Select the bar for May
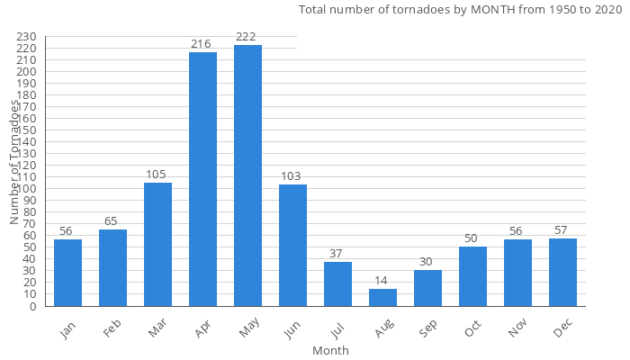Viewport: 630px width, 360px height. [x=247, y=175]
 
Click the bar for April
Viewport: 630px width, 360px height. [x=202, y=179]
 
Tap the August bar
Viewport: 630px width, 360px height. [x=382, y=297]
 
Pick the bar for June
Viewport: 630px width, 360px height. [x=292, y=245]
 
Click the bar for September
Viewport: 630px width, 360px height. [x=427, y=288]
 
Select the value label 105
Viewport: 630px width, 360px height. [x=157, y=175]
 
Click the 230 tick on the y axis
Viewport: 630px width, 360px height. [x=26, y=37]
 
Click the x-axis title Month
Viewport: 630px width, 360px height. [x=330, y=350]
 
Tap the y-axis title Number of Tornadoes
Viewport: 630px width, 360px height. [x=15, y=162]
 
